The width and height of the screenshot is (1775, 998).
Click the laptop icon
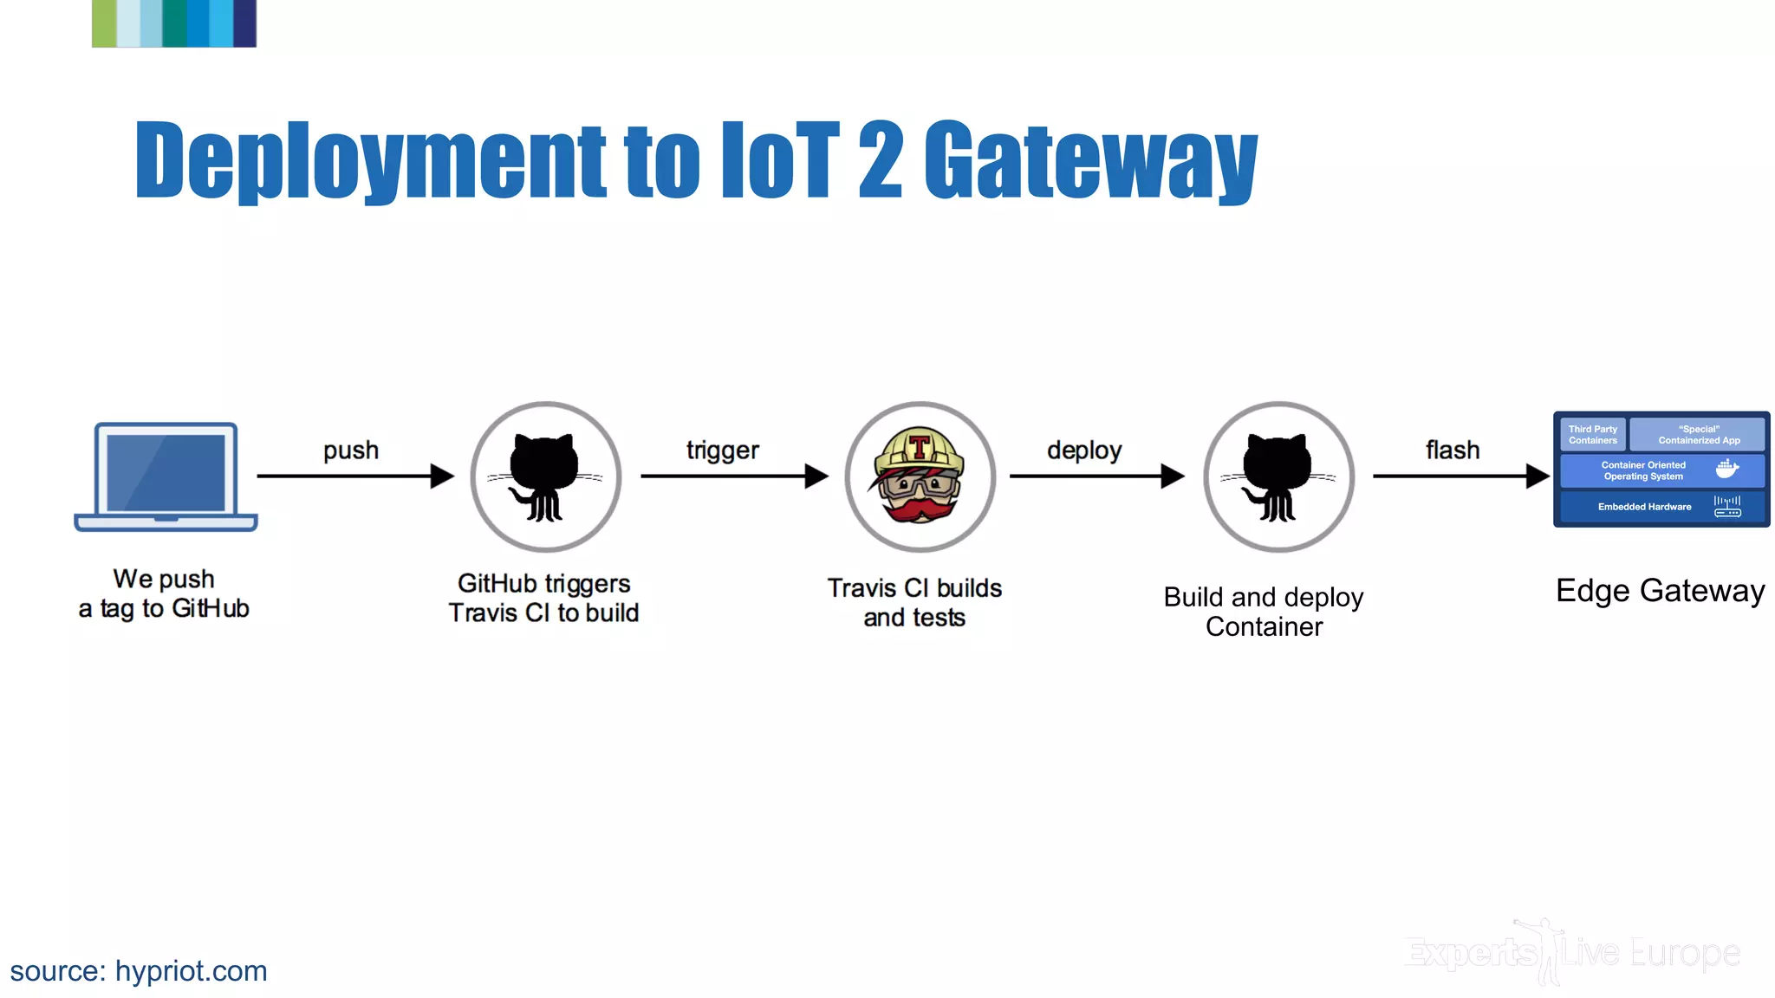pyautogui.click(x=166, y=476)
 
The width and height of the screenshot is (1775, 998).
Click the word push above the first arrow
pyautogui.click(x=351, y=450)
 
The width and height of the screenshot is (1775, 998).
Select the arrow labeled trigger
pyautogui.click(x=733, y=476)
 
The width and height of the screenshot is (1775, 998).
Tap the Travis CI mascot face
pyautogui.click(x=920, y=476)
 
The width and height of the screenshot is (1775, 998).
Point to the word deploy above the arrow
pyautogui.click(x=1084, y=450)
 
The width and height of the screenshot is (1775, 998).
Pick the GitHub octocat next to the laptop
pyautogui.click(x=545, y=476)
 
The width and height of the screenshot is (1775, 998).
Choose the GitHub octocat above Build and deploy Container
pyautogui.click(x=1278, y=476)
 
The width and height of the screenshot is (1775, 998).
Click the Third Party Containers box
pyautogui.click(x=1592, y=435)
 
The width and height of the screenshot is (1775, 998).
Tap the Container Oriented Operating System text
pyautogui.click(x=1643, y=470)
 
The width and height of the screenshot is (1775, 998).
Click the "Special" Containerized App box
pyautogui.click(x=1697, y=435)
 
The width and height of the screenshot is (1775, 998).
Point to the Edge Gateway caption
pyautogui.click(x=1660, y=591)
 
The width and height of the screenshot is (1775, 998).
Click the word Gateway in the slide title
pyautogui.click(x=1090, y=160)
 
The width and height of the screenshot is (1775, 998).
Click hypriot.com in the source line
pyautogui.click(x=191, y=971)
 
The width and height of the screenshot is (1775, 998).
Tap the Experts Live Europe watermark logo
pyautogui.click(x=1571, y=953)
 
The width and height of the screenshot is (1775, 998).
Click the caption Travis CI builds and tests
pyautogui.click(x=914, y=603)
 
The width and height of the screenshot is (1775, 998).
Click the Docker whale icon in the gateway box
pyautogui.click(x=1726, y=470)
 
